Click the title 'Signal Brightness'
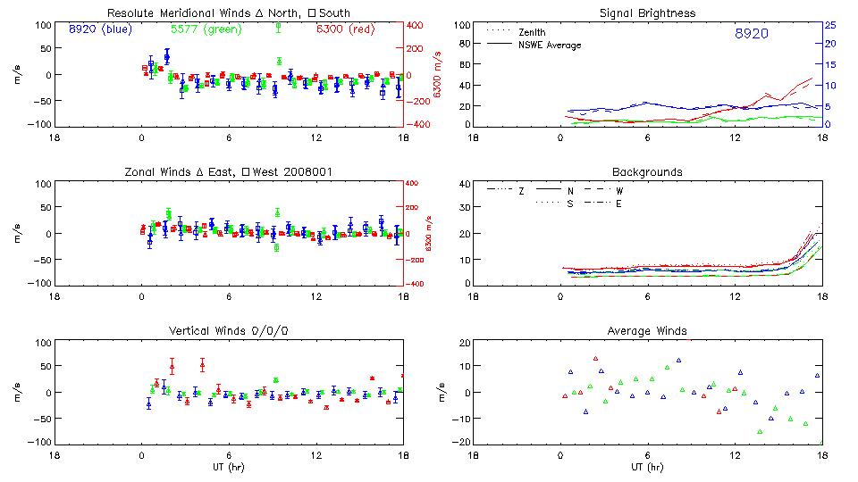click(x=647, y=13)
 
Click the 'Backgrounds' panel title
click(x=647, y=172)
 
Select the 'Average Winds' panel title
click(x=647, y=331)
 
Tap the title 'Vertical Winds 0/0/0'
click(x=229, y=331)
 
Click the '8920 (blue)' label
click(x=99, y=29)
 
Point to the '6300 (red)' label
click(x=345, y=29)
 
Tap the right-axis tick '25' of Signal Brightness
click(x=829, y=25)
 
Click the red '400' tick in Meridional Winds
click(x=417, y=25)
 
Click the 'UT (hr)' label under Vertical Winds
click(x=229, y=467)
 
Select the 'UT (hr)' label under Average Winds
click(x=647, y=467)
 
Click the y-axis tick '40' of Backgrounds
click(x=464, y=184)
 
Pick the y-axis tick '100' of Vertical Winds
click(x=41, y=343)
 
